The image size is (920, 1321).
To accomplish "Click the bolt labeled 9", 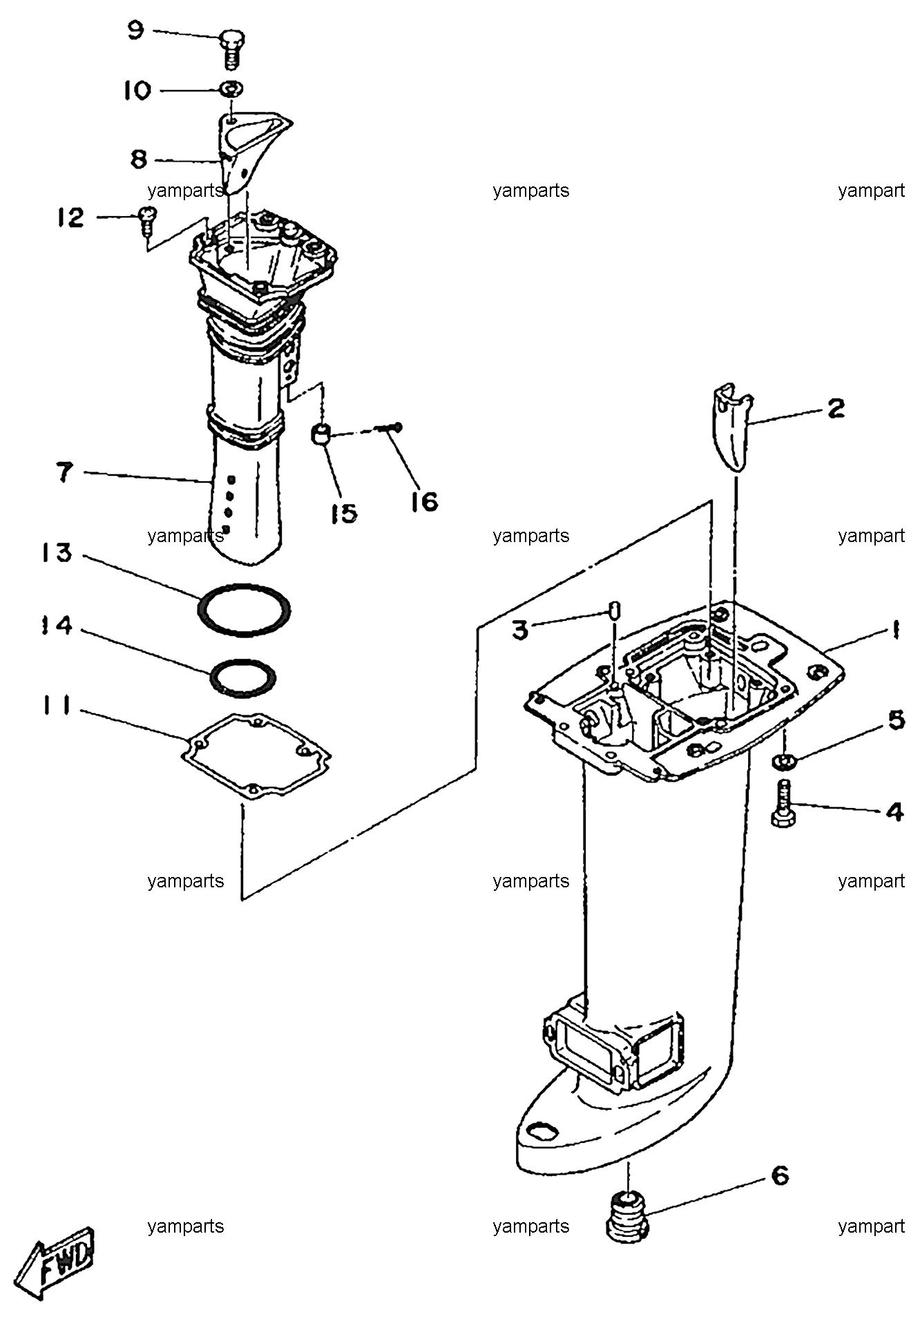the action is [x=231, y=48].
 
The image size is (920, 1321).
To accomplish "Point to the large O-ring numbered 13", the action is [x=244, y=610].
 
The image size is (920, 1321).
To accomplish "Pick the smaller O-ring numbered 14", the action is [x=242, y=679].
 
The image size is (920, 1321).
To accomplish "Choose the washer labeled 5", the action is [x=783, y=761].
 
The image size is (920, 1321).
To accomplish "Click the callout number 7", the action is [x=64, y=472].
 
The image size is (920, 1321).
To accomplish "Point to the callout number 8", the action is [x=139, y=160].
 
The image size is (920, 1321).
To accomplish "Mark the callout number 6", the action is [x=780, y=1175].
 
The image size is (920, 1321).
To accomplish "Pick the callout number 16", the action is [x=424, y=501].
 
